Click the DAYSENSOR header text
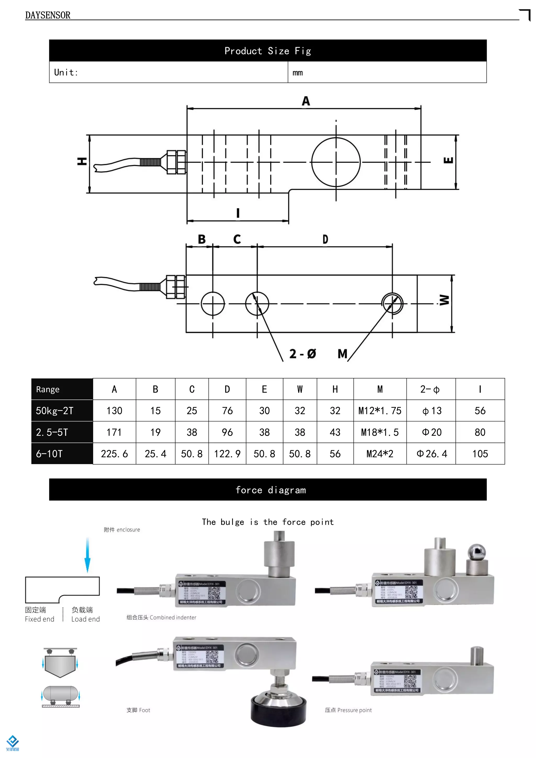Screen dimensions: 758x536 48,15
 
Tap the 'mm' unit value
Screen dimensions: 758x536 297,73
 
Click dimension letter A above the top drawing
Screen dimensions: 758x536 306,101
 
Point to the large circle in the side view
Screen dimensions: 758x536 336,162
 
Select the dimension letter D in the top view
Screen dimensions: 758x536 325,239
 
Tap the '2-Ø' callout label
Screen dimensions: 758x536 302,354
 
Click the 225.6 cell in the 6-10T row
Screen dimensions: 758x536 114,454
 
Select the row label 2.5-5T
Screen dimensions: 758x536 52,432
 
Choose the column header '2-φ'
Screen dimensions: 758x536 430,389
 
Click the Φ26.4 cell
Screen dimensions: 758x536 431,454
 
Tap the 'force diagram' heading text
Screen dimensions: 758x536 271,490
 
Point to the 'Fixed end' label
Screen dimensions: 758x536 40,619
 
